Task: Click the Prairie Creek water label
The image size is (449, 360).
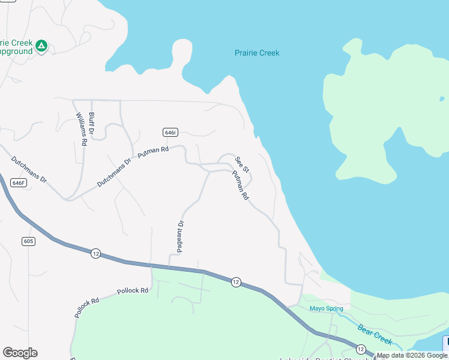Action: (x=256, y=53)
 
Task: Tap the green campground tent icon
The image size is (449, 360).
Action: (x=41, y=46)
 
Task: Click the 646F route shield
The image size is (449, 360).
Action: (x=19, y=182)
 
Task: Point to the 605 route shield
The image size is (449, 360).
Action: (x=28, y=241)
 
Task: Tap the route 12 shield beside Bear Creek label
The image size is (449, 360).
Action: (x=360, y=349)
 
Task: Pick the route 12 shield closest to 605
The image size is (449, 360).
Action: (x=95, y=254)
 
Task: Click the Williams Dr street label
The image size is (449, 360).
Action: (x=80, y=129)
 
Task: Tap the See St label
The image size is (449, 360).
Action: (x=241, y=163)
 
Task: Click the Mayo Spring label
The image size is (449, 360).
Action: (x=326, y=308)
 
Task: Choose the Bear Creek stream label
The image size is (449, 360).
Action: (x=375, y=335)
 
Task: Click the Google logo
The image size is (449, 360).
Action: (x=20, y=353)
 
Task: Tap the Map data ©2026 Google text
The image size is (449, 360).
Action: (x=412, y=356)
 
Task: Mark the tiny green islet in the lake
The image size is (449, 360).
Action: (x=442, y=98)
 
